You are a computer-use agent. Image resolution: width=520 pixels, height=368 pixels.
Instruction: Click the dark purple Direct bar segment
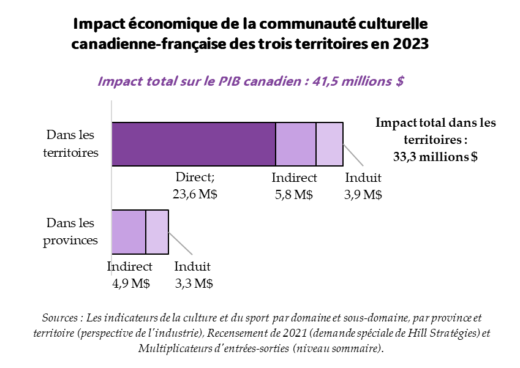click(x=194, y=144)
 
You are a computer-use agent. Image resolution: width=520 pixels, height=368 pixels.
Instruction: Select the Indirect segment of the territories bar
click(x=296, y=144)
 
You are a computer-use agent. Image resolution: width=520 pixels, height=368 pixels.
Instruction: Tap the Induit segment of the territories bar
click(x=330, y=144)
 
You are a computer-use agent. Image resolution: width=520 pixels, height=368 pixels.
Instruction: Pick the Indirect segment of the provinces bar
click(x=129, y=231)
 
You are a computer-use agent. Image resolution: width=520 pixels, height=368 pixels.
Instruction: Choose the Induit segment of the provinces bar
click(x=157, y=231)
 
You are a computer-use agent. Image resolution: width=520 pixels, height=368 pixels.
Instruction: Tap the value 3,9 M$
click(x=363, y=194)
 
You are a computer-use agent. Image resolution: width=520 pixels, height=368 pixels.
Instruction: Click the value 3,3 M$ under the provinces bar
click(x=193, y=283)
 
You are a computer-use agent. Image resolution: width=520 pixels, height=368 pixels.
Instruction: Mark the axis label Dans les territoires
click(x=71, y=144)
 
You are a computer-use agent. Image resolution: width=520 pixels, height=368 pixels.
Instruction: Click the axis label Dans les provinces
click(x=71, y=231)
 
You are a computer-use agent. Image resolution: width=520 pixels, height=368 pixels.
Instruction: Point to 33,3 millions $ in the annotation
click(x=435, y=157)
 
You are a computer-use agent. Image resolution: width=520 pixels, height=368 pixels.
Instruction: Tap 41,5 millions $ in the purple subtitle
click(x=358, y=81)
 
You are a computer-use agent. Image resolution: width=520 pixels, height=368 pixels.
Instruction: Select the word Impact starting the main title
click(x=99, y=24)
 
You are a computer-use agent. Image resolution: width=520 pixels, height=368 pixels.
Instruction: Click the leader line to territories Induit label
click(x=354, y=156)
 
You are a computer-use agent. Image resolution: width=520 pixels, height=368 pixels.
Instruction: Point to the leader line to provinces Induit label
click(x=181, y=244)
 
